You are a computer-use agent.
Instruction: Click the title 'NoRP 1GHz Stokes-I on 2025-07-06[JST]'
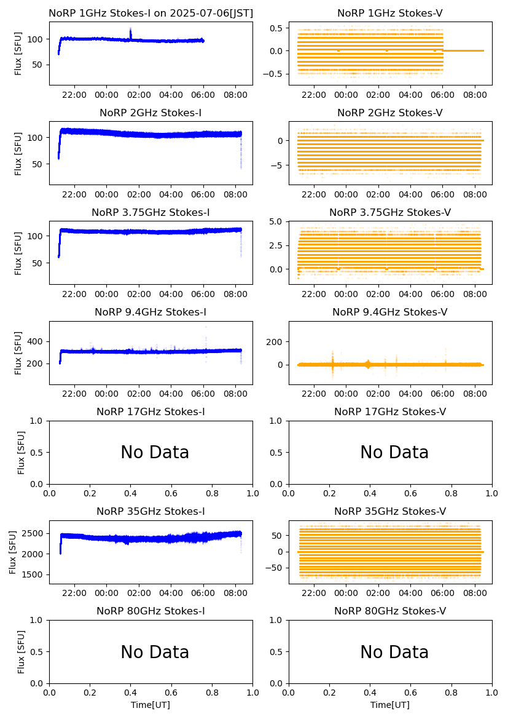point(150,14)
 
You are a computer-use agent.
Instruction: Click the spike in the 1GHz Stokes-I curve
point(130,33)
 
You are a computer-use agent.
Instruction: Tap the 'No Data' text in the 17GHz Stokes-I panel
point(155,453)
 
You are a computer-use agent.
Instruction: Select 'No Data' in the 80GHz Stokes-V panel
point(394,652)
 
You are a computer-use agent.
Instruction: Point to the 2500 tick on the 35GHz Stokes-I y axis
point(34,533)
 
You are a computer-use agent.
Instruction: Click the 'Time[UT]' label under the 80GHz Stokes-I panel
point(150,705)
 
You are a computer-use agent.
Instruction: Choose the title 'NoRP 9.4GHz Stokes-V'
point(390,312)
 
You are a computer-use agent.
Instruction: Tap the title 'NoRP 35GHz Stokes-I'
point(150,512)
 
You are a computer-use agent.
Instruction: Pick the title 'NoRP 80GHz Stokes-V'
point(390,611)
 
